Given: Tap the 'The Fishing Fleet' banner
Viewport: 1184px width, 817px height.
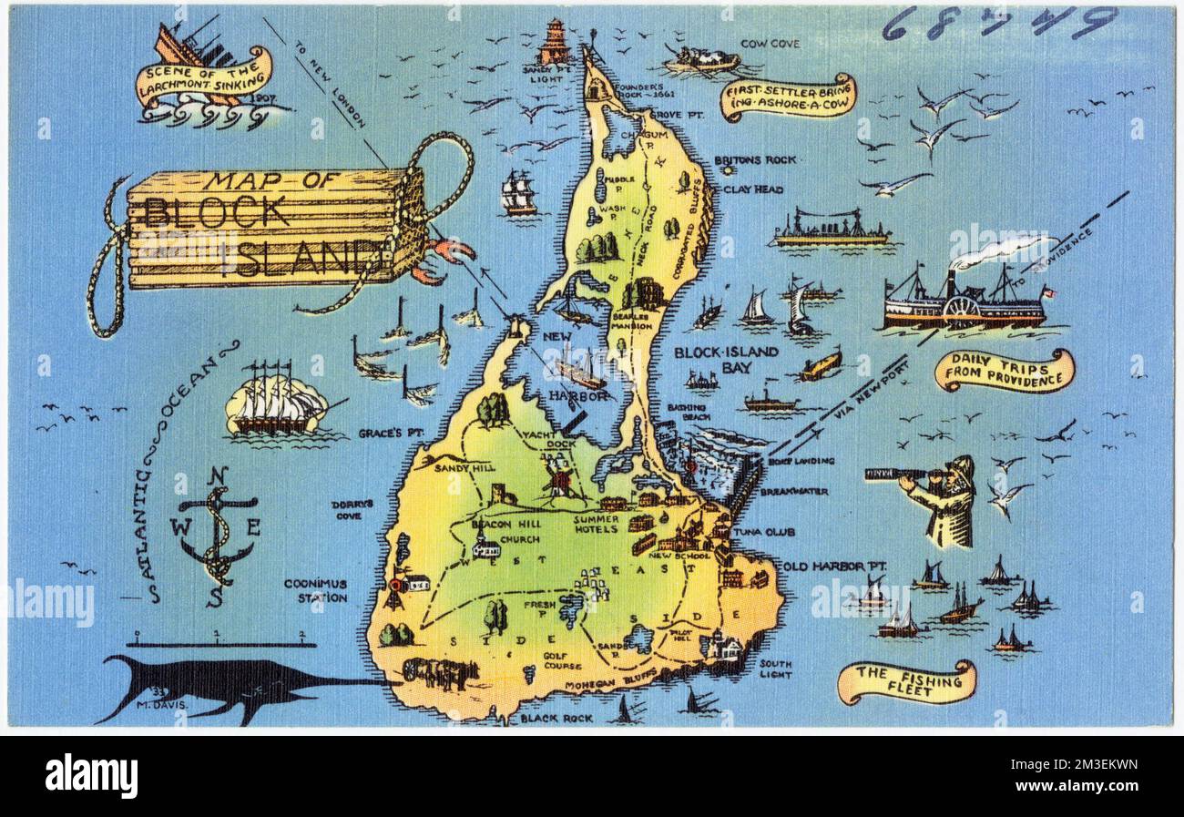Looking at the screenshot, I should tap(905, 682).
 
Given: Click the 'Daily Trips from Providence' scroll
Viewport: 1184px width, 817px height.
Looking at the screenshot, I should tap(1005, 371).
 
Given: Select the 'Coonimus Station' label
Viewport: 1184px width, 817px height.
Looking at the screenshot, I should tap(315, 590).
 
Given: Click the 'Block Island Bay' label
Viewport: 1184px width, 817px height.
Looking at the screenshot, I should tap(726, 359).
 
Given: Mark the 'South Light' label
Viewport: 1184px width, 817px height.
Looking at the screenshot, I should tap(775, 669).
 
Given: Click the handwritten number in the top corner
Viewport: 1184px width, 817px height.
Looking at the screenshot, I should tap(998, 22).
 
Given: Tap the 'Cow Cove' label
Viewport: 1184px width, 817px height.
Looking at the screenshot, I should tap(771, 43).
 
